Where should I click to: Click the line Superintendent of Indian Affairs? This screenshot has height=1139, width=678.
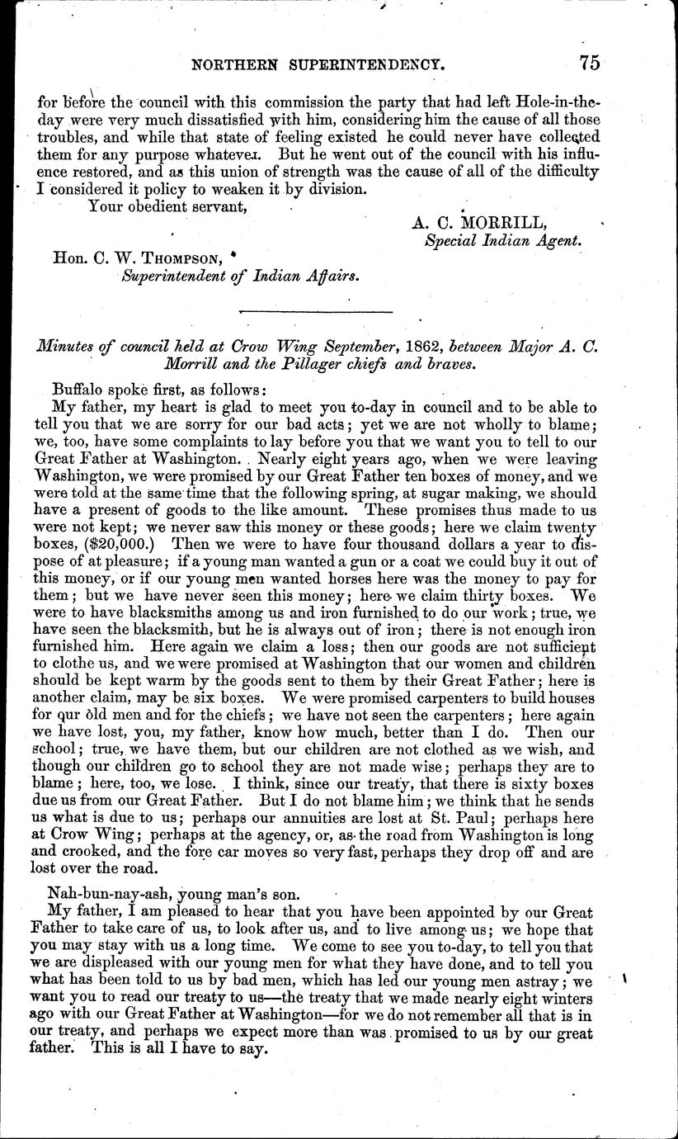[x=240, y=276]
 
